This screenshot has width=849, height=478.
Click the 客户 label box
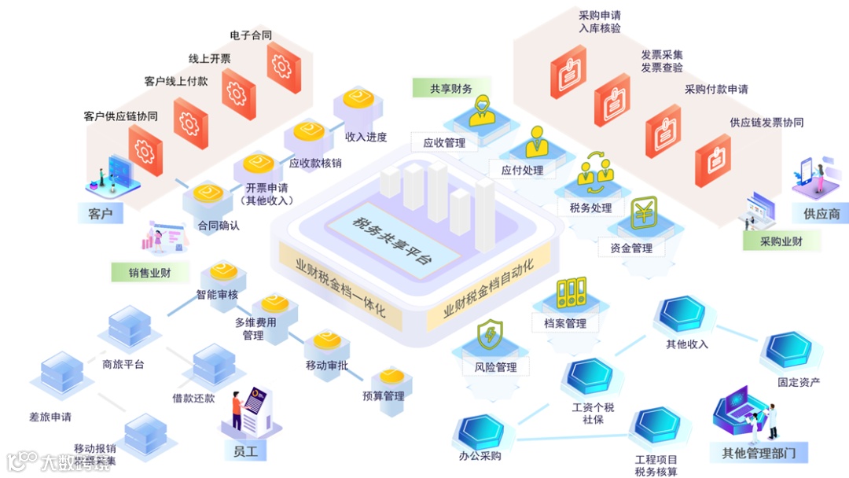coord(101,214)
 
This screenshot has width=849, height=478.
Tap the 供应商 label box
coord(821,213)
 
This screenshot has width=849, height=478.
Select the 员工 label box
coord(245,451)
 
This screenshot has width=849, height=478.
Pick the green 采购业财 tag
coord(781,241)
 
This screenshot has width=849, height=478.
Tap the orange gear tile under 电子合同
coord(283,68)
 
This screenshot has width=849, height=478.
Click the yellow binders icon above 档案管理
coord(572,292)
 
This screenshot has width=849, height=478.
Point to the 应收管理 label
coord(444,143)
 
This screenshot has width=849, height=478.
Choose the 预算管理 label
coord(384,395)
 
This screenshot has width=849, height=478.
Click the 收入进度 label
coord(366,137)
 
